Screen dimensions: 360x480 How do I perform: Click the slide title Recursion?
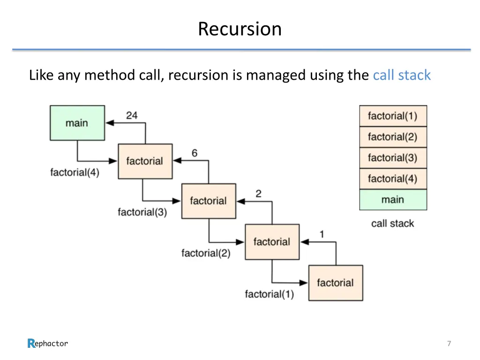coord(240,29)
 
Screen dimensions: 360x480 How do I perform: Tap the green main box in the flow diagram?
coord(77,123)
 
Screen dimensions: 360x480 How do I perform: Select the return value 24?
coord(132,115)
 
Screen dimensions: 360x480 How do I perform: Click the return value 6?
coord(195,153)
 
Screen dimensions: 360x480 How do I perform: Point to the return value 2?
coord(258,194)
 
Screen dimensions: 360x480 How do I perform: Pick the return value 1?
coord(322,234)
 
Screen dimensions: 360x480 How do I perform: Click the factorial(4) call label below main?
coord(75,172)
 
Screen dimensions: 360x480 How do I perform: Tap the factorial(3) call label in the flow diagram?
coord(142,212)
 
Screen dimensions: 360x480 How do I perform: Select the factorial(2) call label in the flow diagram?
coord(206,254)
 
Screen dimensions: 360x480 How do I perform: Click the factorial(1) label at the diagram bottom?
coord(269,294)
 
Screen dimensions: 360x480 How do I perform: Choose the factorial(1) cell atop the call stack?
coord(393,116)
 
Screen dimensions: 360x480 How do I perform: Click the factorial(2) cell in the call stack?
coord(393,137)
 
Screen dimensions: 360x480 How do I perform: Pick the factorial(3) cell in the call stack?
coord(393,158)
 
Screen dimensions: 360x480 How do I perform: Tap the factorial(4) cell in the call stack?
coord(393,179)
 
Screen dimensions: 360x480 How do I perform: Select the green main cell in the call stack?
coord(393,200)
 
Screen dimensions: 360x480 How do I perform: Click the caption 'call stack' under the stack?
coord(392,224)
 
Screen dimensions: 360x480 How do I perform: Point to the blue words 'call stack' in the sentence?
coord(401,75)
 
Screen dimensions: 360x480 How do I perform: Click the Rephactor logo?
coord(48,344)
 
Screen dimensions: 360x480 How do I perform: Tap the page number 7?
coord(449,344)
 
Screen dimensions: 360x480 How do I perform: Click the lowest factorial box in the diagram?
coord(336,283)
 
